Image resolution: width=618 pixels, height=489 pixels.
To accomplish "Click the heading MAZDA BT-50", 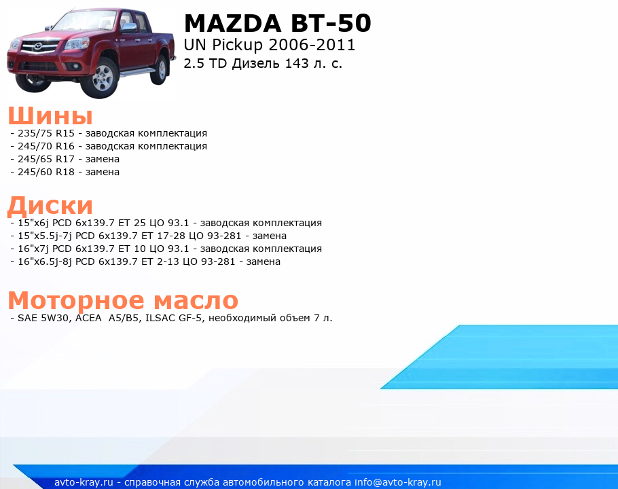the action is [x=278, y=23].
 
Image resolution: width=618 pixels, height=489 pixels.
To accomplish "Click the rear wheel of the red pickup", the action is [x=160, y=69].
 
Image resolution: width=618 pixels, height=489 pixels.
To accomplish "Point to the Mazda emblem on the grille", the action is [x=39, y=46].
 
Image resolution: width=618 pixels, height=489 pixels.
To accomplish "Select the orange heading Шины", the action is [x=50, y=115].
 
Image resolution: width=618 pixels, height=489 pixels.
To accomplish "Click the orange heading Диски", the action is [x=50, y=205].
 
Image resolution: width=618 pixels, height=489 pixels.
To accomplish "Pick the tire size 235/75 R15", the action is [x=46, y=133].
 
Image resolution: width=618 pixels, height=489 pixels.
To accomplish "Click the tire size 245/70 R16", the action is [x=46, y=146].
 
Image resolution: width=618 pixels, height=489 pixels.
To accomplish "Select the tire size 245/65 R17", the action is [x=46, y=159].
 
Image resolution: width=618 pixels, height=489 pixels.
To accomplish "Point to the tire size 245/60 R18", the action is [x=46, y=172].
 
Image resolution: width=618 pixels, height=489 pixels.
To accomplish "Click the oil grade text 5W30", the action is [x=55, y=318].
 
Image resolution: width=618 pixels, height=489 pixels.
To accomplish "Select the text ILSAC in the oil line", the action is [x=160, y=318].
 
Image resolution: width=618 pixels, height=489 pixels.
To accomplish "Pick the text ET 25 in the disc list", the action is [x=132, y=223].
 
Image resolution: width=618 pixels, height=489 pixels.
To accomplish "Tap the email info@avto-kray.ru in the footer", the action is [x=398, y=482].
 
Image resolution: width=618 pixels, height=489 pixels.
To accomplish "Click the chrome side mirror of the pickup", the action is [x=129, y=26].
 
